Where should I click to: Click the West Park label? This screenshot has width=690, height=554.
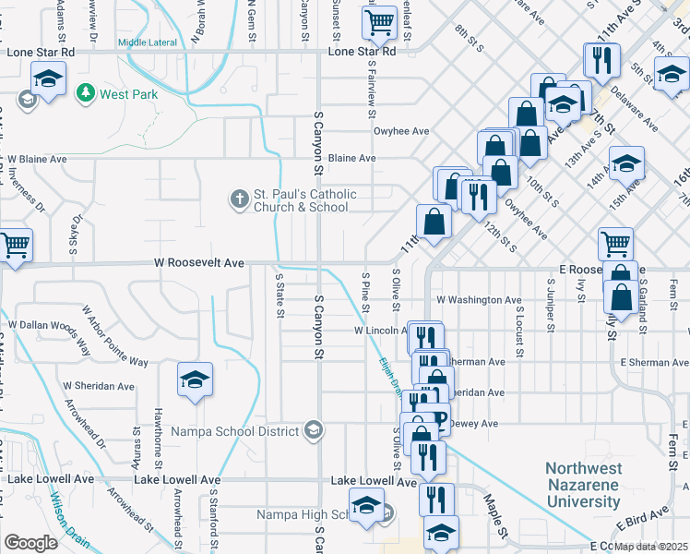tap(128, 94)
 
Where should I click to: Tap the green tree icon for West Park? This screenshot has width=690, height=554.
tap(87, 93)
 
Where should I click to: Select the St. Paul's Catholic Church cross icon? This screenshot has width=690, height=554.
tap(239, 199)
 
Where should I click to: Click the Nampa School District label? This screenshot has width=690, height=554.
tap(237, 430)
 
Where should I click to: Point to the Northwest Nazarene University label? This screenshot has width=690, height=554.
tap(582, 485)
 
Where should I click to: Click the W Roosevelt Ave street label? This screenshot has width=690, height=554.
tap(200, 263)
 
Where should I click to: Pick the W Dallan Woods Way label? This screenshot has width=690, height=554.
tap(45, 325)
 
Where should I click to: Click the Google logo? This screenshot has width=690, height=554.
tap(30, 543)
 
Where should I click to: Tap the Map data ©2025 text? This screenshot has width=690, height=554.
tap(651, 546)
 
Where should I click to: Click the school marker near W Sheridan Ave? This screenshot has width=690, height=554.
tap(195, 379)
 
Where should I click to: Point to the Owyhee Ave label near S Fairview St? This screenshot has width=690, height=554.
tap(401, 131)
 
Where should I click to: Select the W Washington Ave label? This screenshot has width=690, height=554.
tap(479, 300)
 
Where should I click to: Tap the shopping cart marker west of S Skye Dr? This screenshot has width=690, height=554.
tap(14, 247)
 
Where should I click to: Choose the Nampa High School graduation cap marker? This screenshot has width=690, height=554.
tap(367, 507)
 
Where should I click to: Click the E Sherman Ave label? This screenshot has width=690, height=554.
tap(654, 363)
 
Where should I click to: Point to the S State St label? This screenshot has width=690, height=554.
tap(280, 294)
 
